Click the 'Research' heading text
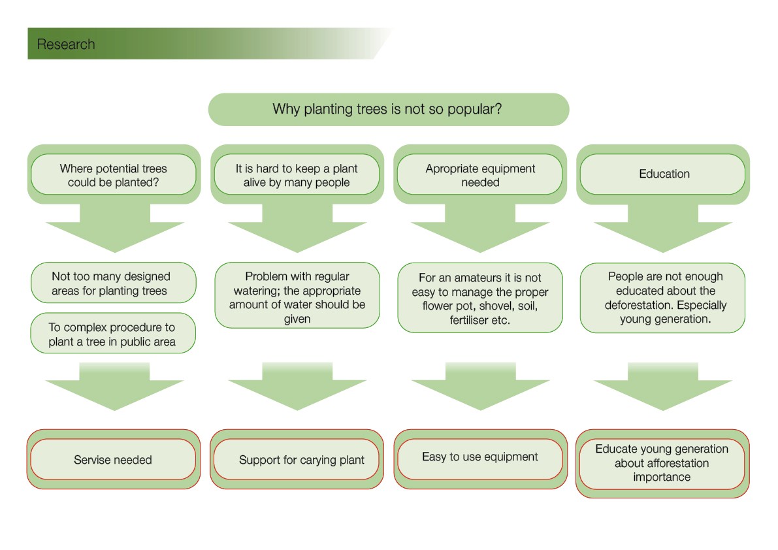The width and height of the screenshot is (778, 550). [x=66, y=44]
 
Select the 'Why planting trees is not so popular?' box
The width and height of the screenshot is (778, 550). [x=389, y=109]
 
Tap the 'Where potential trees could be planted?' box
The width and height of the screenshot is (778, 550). [x=114, y=174]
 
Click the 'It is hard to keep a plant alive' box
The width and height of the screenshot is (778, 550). [x=297, y=174]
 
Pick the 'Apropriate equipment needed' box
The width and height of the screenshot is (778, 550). [x=480, y=174]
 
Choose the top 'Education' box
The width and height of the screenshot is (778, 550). [x=663, y=174]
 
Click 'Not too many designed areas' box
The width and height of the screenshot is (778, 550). [x=114, y=283]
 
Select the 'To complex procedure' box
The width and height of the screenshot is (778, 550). [x=113, y=332]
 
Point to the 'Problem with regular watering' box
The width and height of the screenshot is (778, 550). [x=297, y=296]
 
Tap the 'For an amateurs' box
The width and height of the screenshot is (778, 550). [x=480, y=298]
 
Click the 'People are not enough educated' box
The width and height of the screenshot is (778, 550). [x=663, y=298]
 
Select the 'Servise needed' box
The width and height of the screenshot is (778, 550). [x=113, y=459]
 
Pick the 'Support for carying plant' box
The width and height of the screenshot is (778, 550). [x=297, y=459]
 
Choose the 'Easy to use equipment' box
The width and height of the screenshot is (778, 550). [x=480, y=459]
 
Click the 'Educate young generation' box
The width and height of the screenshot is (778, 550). [x=662, y=463]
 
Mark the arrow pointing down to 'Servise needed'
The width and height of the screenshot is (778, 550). [x=114, y=386]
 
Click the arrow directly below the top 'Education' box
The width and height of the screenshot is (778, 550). [x=664, y=228]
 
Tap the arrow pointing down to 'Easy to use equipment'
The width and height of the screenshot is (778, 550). [x=481, y=386]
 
